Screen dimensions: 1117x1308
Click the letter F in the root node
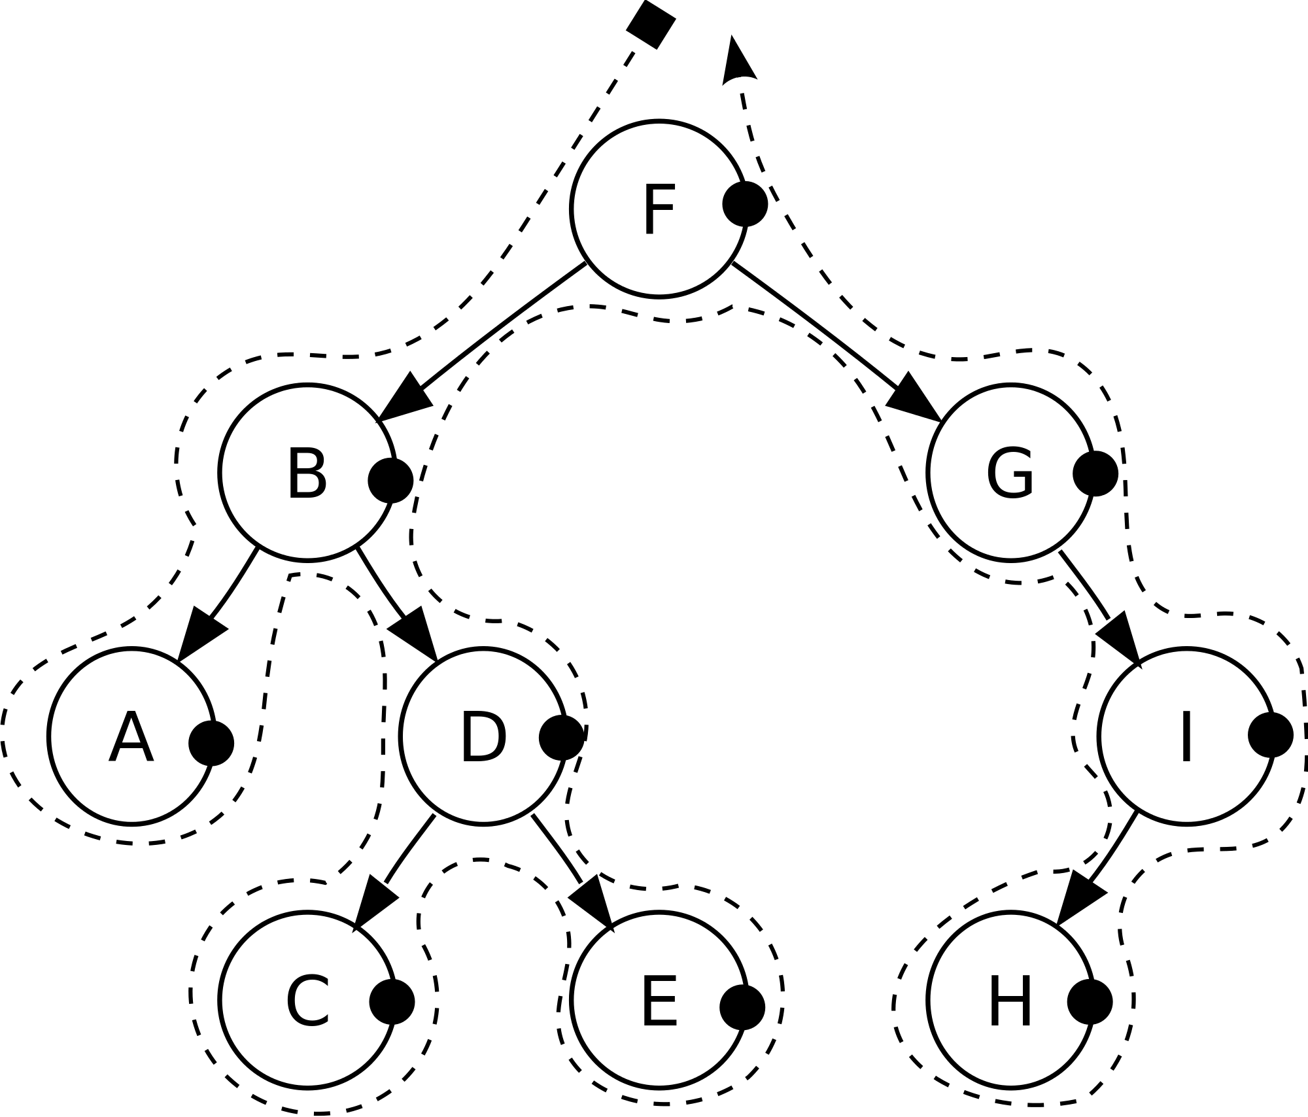(x=659, y=211)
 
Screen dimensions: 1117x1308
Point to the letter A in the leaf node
(x=131, y=740)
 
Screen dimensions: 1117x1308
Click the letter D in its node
(x=483, y=738)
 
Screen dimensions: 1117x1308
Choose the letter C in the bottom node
(x=307, y=1003)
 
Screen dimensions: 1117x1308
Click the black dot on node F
(x=745, y=205)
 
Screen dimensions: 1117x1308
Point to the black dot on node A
(x=211, y=744)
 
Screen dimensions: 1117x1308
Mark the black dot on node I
(x=1271, y=735)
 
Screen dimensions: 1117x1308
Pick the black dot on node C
(x=392, y=1002)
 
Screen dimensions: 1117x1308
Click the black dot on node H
(x=1090, y=1002)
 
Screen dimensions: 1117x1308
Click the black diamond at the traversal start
(x=651, y=24)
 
